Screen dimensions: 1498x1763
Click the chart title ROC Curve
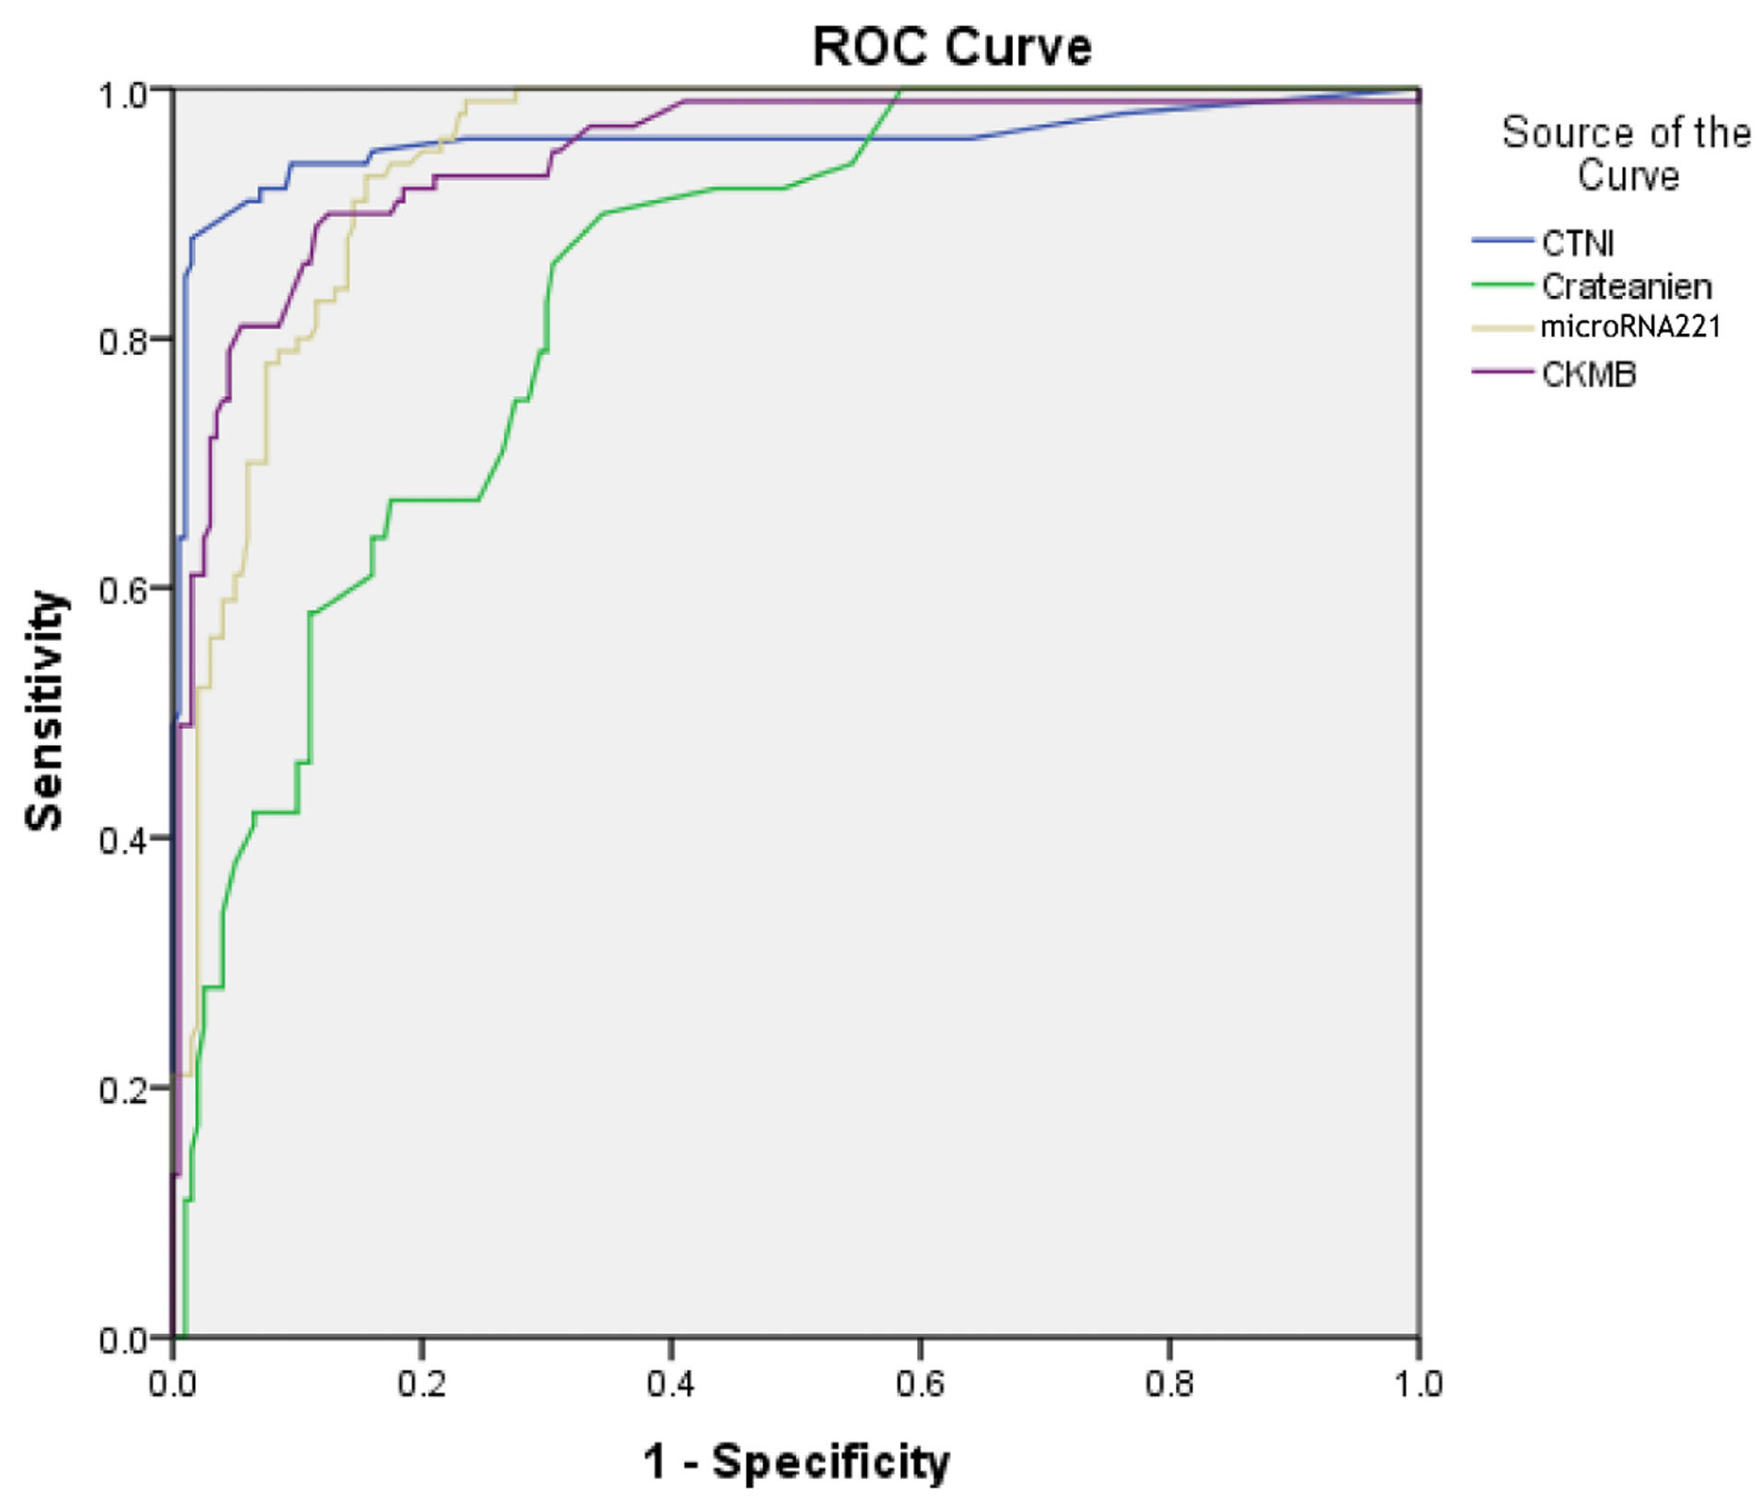point(951,46)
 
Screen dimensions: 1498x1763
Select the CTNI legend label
point(1577,243)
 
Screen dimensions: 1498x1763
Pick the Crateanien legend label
point(1627,287)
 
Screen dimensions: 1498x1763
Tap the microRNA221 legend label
point(1630,326)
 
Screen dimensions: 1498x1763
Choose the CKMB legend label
point(1589,374)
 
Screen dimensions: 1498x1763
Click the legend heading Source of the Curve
point(1627,154)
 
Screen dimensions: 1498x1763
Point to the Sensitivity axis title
point(45,712)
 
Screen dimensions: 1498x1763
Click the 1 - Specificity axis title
point(795,1461)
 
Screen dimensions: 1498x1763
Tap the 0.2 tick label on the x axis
point(421,1384)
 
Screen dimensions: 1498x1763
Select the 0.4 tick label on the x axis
point(670,1384)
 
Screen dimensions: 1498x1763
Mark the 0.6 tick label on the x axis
point(920,1384)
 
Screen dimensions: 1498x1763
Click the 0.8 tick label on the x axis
point(1169,1384)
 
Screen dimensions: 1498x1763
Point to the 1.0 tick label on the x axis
point(1417,1384)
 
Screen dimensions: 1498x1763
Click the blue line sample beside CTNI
point(1502,241)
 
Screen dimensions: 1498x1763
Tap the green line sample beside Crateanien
point(1502,284)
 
